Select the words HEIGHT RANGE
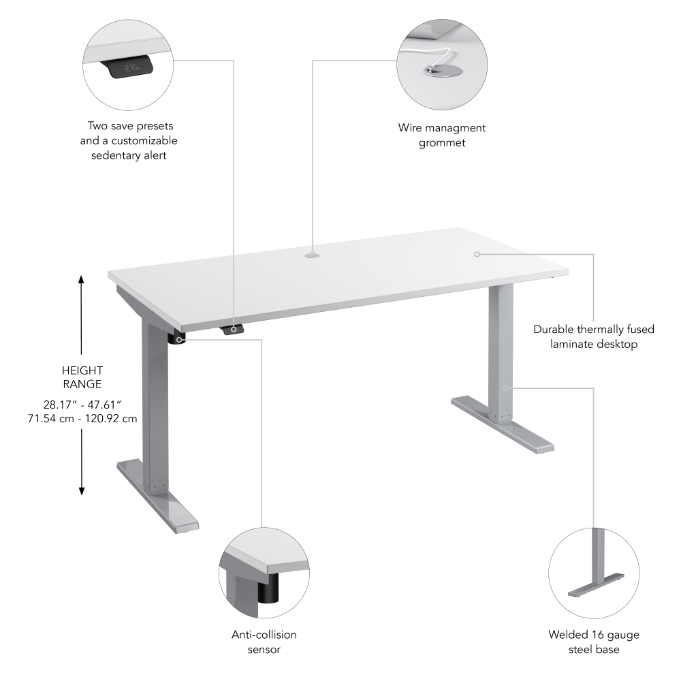coord(82,377)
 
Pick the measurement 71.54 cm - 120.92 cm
coord(82,418)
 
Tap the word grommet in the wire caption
coord(442,143)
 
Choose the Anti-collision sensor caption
coord(264,642)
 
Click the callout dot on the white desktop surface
coord(477,254)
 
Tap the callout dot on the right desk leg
coord(506,388)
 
